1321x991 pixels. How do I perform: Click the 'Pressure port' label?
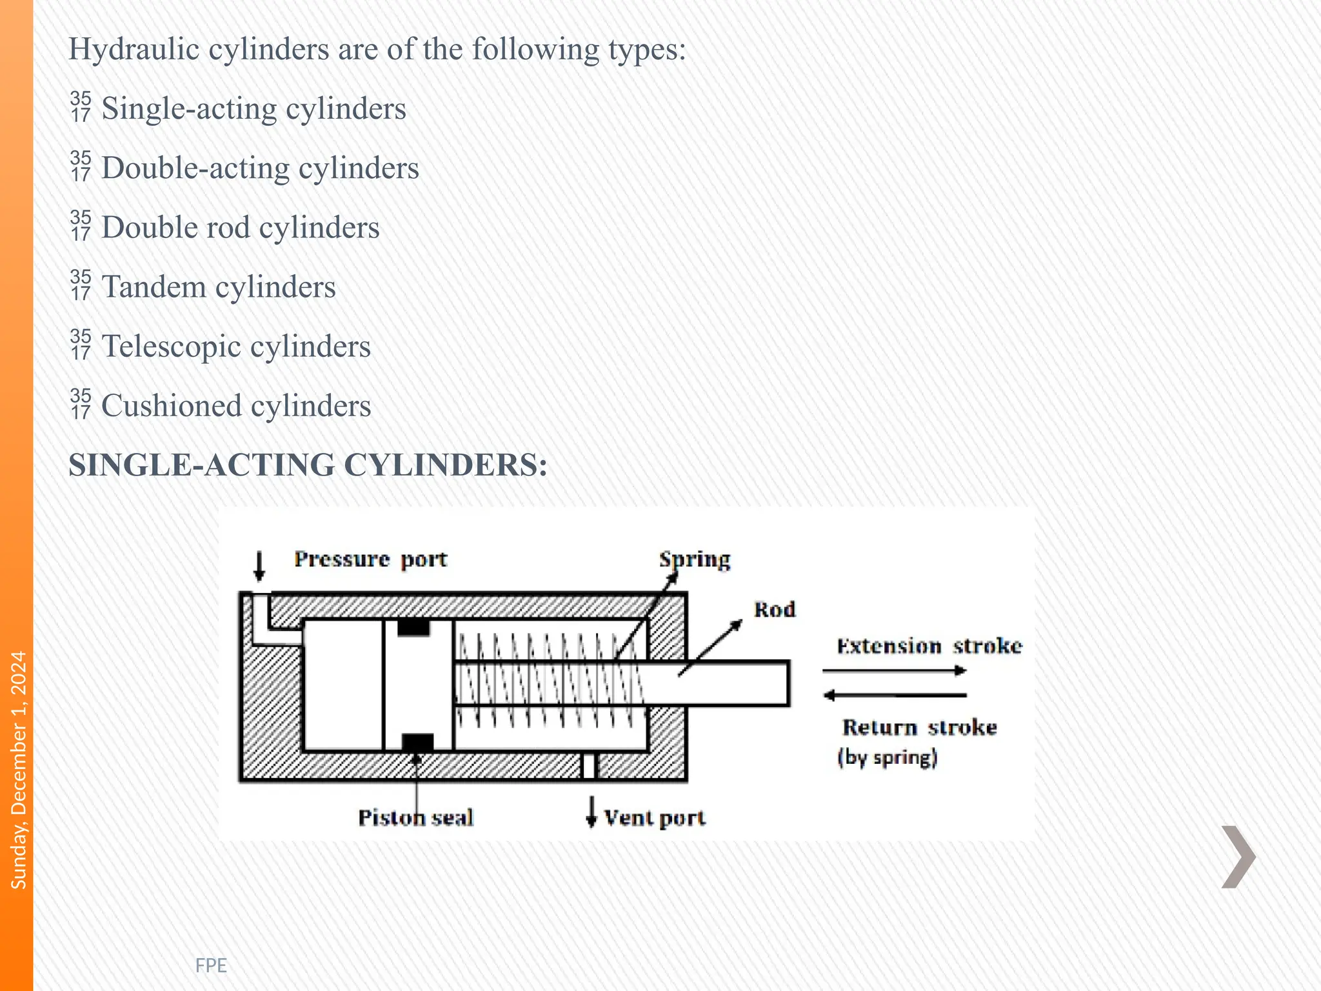coord(370,559)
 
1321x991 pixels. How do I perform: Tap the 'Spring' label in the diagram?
coord(695,559)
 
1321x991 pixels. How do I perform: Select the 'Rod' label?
coord(775,610)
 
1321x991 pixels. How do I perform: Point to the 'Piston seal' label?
coord(416,818)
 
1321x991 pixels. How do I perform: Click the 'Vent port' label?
coord(654,818)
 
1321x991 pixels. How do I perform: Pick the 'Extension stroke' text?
coord(929,646)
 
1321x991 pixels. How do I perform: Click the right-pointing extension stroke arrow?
coord(895,671)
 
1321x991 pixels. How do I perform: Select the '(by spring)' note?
coord(888,757)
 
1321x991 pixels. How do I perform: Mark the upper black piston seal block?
coord(413,627)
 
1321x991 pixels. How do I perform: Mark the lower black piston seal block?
coord(417,743)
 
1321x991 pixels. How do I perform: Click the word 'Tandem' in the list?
coord(154,286)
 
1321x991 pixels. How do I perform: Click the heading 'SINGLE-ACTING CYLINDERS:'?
coord(308,465)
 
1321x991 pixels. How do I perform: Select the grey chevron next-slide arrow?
coord(1238,856)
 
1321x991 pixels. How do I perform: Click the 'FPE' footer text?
coord(211,965)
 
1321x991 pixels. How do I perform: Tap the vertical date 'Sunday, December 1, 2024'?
coord(19,770)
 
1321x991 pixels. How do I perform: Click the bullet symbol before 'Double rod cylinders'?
coord(81,226)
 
